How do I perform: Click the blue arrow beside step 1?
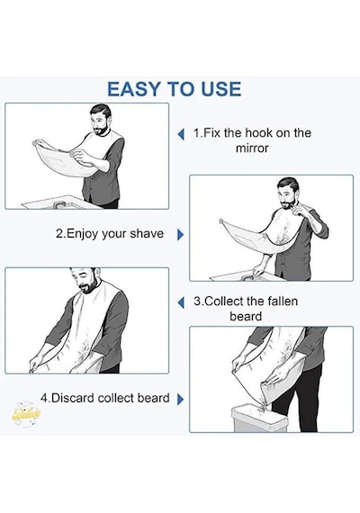point(181,134)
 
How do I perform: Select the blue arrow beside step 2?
point(180,235)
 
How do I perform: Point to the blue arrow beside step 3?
point(181,302)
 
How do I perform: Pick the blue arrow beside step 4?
point(180,399)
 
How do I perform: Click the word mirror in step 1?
point(252,148)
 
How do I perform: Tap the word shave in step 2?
point(147,234)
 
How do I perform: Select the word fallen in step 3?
point(283,301)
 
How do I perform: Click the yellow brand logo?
point(26,414)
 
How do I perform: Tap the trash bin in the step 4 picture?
point(259,418)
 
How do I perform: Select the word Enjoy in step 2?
point(82,234)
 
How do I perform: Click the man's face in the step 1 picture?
point(100,122)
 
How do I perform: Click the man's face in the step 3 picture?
point(85,282)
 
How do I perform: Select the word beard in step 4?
point(153,398)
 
